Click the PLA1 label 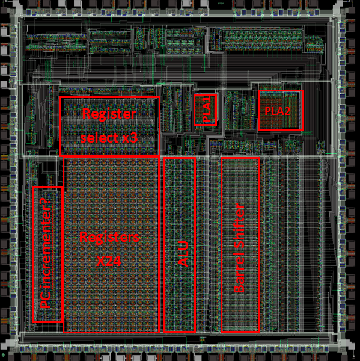click(206, 110)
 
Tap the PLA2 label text click(278, 111)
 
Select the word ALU click(183, 254)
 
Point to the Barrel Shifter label click(239, 248)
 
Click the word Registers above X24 click(109, 237)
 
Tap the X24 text click(109, 261)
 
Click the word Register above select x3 click(109, 114)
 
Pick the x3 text click(130, 138)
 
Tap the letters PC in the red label click(46, 300)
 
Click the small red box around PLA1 click(194, 110)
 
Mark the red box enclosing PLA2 click(258, 110)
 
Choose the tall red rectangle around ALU click(164, 244)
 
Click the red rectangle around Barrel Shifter click(221, 244)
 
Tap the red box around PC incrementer click(33, 254)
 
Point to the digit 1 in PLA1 click(206, 99)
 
